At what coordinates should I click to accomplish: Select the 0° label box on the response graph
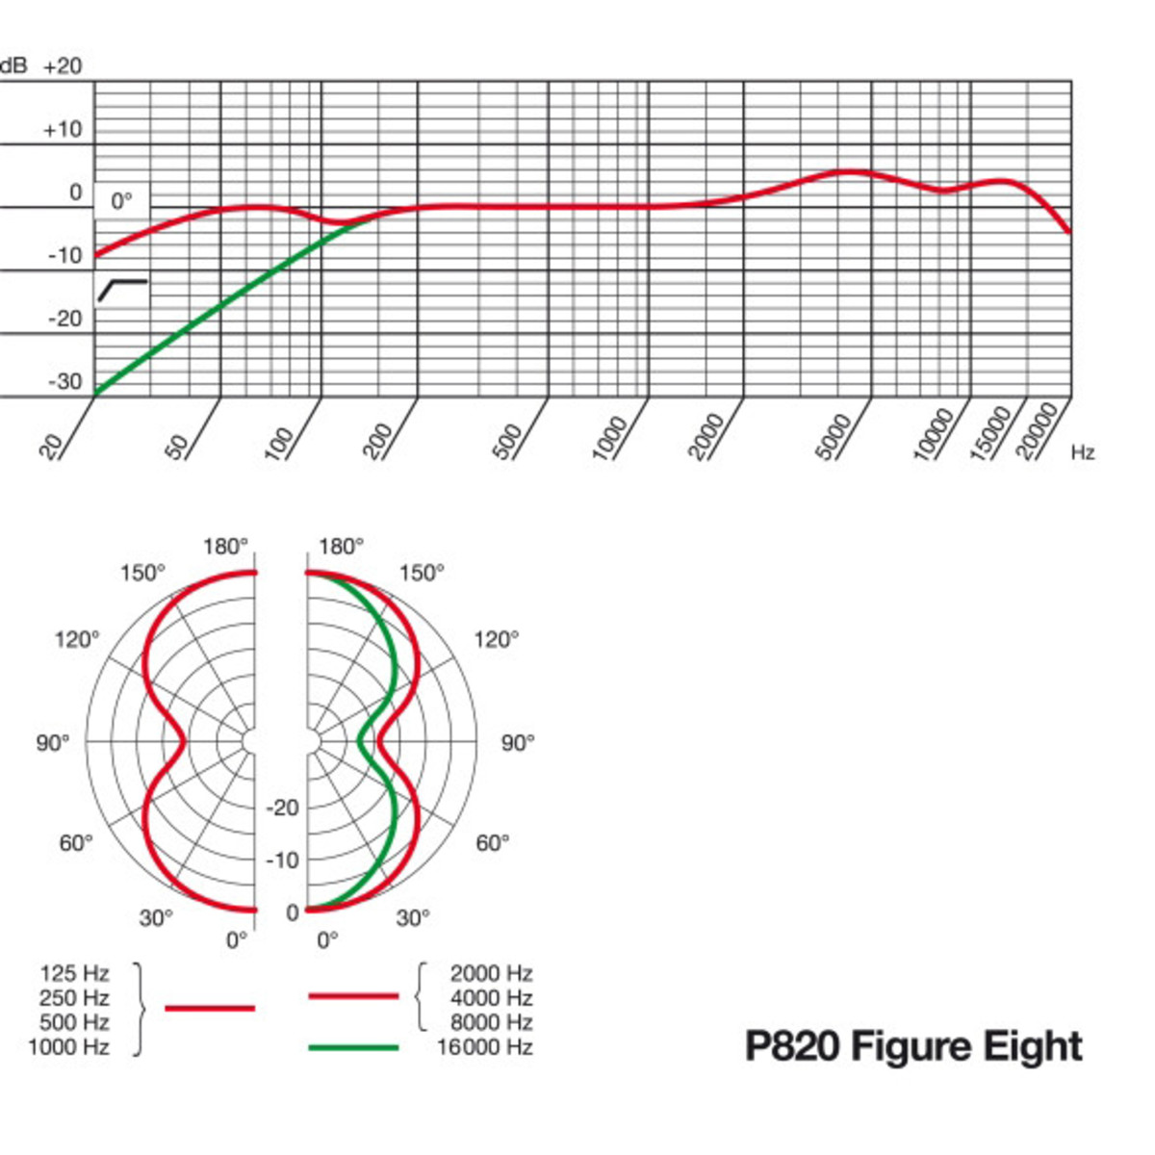[x=121, y=201]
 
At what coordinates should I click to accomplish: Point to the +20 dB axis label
[x=63, y=66]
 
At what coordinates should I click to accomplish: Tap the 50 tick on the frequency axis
[x=178, y=447]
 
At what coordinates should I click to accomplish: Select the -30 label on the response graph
[x=65, y=381]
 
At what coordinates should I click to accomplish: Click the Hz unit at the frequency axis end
[x=1083, y=452]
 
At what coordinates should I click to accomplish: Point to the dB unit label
[x=14, y=66]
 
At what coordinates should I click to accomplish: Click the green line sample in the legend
[x=353, y=1046]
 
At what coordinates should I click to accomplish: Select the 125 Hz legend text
[x=74, y=973]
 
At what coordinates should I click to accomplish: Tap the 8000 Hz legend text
[x=491, y=1022]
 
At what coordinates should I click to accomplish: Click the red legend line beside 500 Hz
[x=210, y=1008]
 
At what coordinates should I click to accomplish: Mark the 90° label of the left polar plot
[x=53, y=743]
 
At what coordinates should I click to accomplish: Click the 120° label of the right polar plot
[x=496, y=639]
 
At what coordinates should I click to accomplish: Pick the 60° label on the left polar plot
[x=76, y=843]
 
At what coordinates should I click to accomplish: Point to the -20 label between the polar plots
[x=282, y=808]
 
